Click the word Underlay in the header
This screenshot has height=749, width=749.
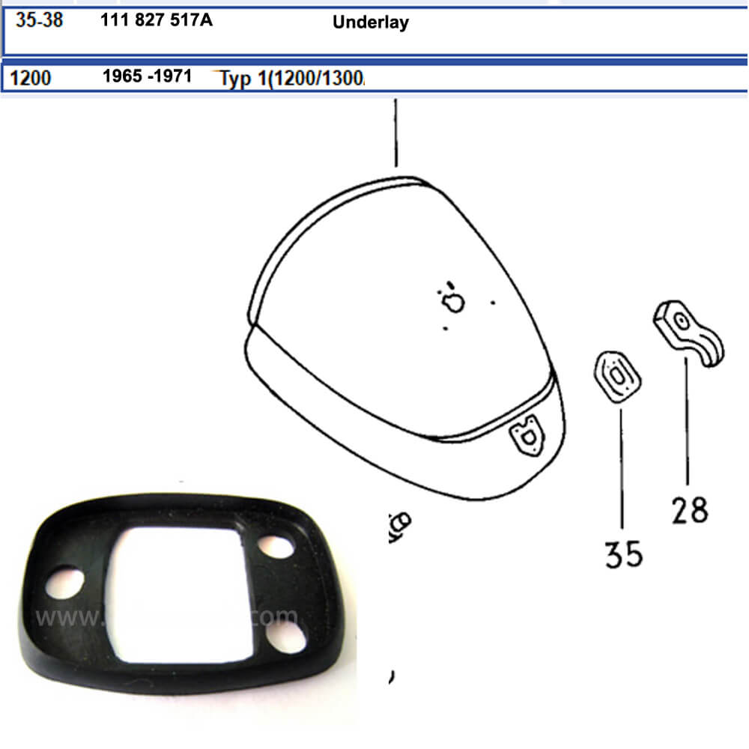370,22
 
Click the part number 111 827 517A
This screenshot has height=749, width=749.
156,20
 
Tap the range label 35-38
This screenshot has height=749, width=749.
39,20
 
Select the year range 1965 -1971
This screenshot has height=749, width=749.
147,76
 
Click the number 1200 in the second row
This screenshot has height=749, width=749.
31,77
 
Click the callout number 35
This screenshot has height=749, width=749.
624,554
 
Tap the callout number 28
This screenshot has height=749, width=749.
689,511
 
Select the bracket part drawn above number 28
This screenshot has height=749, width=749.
688,334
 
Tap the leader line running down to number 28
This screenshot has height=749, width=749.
687,419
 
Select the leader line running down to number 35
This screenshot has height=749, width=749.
622,464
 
